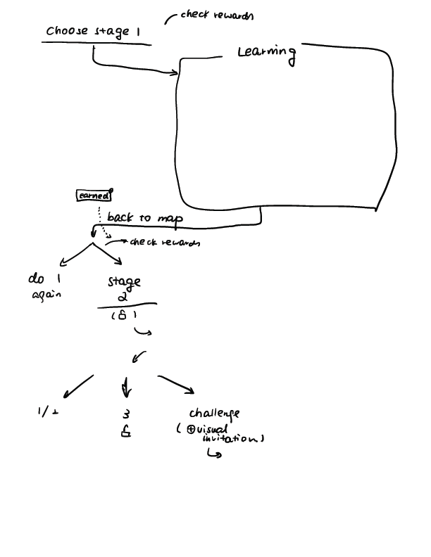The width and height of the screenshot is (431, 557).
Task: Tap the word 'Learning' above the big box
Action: [266, 53]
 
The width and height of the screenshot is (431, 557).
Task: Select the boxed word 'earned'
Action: [93, 196]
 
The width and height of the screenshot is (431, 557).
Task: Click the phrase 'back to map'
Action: [144, 218]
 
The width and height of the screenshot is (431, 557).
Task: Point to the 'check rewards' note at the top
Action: [216, 15]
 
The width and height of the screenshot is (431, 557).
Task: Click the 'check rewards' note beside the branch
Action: [163, 243]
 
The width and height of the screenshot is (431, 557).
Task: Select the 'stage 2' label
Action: [124, 288]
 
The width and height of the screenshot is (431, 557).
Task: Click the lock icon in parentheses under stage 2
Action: [123, 316]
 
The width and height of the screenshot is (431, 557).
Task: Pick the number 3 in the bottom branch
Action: [126, 414]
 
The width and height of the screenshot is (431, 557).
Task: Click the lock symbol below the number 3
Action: [126, 433]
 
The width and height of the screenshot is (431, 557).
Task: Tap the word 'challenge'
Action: [214, 414]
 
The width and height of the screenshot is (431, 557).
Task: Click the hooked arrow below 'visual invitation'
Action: [213, 454]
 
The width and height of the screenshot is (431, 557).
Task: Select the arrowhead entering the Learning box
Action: [174, 72]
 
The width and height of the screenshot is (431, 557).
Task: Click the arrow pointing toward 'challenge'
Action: [177, 385]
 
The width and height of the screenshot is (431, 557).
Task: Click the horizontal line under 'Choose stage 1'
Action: [96, 44]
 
